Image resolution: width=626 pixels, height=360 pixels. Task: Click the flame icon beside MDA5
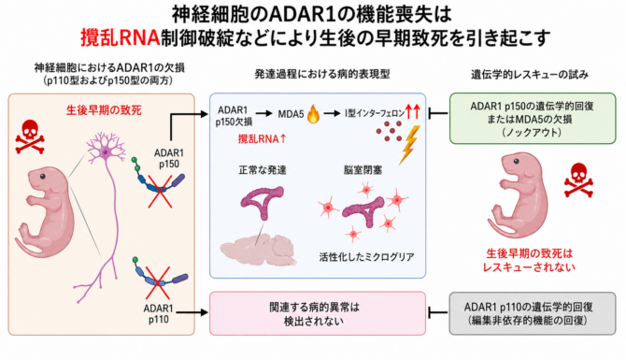click(313, 115)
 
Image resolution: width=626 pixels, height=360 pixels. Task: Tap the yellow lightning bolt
click(410, 145)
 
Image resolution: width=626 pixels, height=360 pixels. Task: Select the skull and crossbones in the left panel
click(30, 137)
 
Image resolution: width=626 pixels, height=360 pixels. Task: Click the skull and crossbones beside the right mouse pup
click(578, 180)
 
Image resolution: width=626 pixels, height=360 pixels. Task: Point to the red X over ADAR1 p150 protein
click(160, 191)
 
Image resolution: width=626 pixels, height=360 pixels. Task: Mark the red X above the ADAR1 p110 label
click(157, 282)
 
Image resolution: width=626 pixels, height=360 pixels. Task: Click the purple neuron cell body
click(105, 151)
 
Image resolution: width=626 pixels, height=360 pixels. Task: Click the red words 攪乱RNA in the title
click(121, 37)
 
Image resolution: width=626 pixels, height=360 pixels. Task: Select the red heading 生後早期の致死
click(104, 110)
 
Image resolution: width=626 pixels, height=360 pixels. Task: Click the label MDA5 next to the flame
click(291, 114)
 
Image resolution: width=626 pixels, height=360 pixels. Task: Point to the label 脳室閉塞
click(363, 170)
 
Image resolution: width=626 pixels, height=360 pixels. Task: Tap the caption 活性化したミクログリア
click(366, 256)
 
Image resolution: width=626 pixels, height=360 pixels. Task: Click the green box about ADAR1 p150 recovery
click(533, 119)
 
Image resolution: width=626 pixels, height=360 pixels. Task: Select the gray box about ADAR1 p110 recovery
click(533, 313)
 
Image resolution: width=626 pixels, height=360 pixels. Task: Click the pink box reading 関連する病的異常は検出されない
click(318, 313)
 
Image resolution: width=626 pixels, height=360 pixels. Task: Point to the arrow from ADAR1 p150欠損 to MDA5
click(263, 114)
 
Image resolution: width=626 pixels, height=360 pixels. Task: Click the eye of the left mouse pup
click(42, 176)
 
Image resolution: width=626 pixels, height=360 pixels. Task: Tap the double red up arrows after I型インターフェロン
click(413, 111)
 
